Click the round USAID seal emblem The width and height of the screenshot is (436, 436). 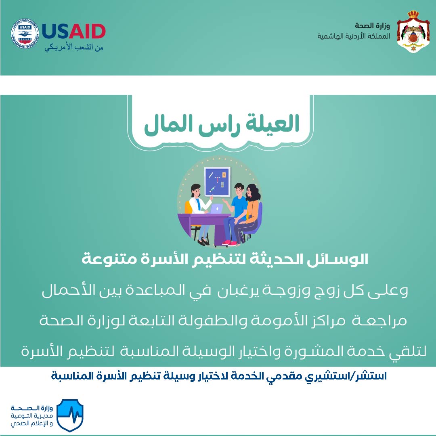point(25,34)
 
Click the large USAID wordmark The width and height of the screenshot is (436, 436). point(74,31)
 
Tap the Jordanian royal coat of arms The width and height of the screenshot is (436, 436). point(413,31)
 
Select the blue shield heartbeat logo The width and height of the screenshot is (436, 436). point(70,415)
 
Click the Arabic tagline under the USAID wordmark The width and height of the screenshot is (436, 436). point(74,48)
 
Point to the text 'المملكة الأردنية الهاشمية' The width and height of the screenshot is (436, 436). point(354,36)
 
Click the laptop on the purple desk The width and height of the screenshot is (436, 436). point(216,209)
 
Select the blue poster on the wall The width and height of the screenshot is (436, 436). point(217,182)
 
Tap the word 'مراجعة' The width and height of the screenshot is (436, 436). point(379,321)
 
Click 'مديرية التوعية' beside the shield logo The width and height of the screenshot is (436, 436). point(32,416)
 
